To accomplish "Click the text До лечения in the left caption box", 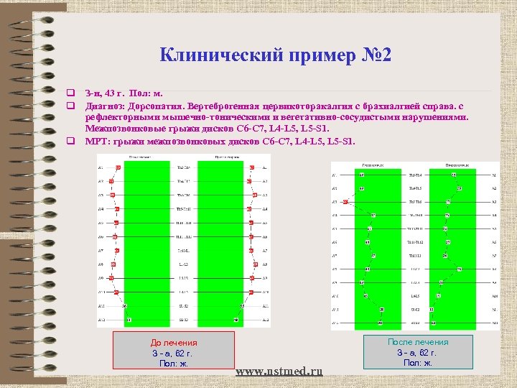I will tap(173, 343).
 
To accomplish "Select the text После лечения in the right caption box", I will tap(418, 342).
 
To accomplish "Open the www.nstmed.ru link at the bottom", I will tap(279, 371).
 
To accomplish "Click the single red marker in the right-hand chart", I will tap(345, 202).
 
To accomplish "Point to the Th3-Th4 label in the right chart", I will tap(416, 175).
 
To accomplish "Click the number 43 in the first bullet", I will tap(115, 93).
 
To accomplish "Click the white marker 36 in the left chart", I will tap(124, 306).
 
